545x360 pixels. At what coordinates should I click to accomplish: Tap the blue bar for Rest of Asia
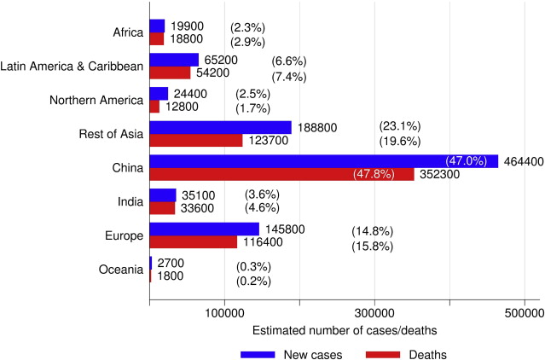(x=220, y=127)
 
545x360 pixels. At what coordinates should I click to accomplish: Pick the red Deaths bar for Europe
(x=193, y=242)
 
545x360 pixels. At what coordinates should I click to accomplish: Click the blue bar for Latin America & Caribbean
(x=174, y=60)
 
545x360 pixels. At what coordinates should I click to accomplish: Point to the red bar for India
(x=162, y=208)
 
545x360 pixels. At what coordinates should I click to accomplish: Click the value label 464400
(x=523, y=161)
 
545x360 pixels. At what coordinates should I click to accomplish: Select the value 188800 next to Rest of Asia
(x=317, y=127)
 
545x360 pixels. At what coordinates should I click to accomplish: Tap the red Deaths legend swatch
(x=385, y=352)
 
